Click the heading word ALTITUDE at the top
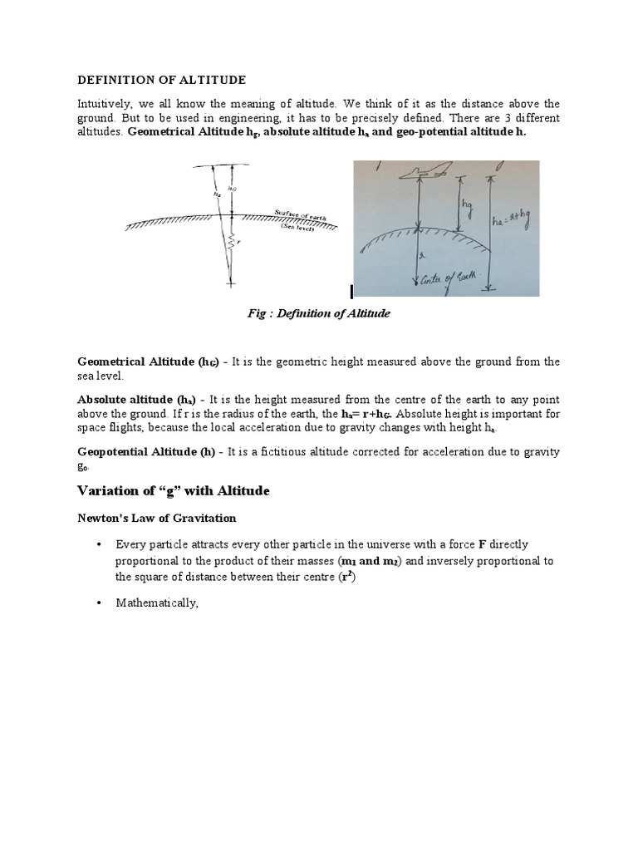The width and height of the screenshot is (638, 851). (x=213, y=80)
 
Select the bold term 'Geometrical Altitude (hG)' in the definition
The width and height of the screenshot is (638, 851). (x=147, y=362)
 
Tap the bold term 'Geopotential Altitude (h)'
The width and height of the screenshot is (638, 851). (x=146, y=451)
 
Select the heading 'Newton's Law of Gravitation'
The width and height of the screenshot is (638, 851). (x=157, y=518)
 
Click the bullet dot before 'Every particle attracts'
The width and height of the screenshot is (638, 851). (x=98, y=544)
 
